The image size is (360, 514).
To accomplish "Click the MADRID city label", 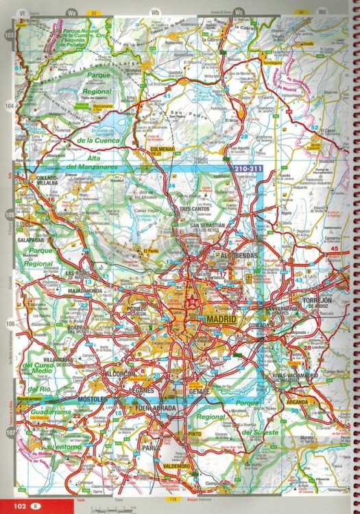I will [220, 319].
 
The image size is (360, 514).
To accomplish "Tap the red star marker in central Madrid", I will [191, 300].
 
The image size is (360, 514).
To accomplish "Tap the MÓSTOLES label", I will [92, 398].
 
